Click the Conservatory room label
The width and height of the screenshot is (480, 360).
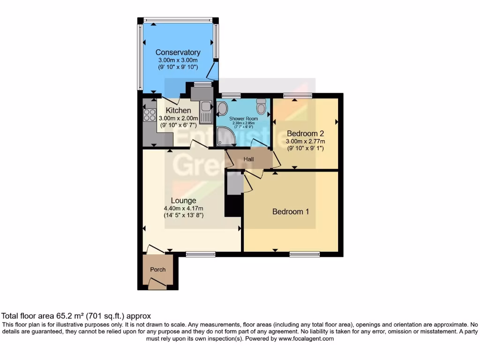(178, 52)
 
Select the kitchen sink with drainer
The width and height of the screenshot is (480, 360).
(206, 112)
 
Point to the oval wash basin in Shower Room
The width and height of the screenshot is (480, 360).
(222, 109)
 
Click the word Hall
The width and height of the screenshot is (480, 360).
(248, 159)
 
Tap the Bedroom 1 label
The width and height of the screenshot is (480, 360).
(291, 211)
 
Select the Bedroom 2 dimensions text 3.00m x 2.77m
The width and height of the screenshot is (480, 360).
(306, 141)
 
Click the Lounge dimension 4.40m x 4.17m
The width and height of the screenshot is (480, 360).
(183, 209)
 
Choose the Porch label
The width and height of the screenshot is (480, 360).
(157, 270)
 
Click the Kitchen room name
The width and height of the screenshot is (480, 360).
(178, 111)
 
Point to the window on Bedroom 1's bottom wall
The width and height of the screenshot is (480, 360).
(304, 254)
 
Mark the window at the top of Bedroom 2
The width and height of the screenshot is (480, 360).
(298, 96)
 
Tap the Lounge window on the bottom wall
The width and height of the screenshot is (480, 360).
(200, 254)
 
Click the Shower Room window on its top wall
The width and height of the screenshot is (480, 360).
(231, 96)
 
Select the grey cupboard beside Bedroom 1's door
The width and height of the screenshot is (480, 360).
(234, 183)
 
